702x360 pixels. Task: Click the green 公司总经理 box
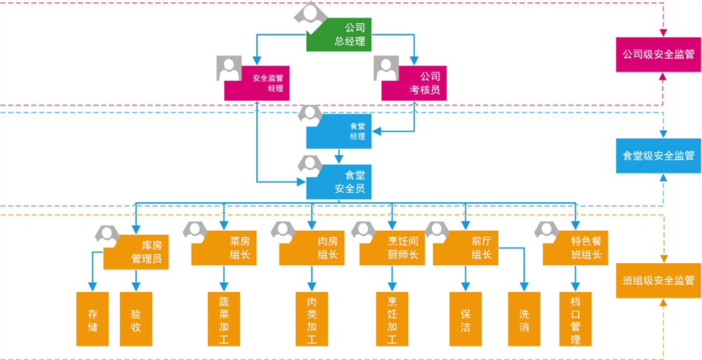pos(344,35)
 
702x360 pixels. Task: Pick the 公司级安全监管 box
pos(658,54)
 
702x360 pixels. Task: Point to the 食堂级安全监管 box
pos(658,156)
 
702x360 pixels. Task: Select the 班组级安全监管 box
pos(658,280)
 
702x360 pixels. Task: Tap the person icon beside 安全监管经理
pos(229,68)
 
